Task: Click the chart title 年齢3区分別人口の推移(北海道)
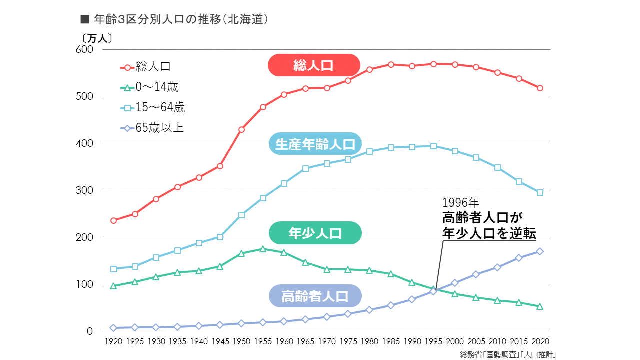(x=175, y=19)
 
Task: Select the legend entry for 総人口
(x=150, y=67)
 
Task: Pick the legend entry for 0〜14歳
(x=150, y=88)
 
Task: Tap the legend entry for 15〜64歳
(x=153, y=108)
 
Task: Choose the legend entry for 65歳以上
(x=152, y=128)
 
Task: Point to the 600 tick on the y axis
(x=84, y=50)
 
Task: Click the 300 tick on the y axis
(x=84, y=190)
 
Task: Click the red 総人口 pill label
(x=314, y=65)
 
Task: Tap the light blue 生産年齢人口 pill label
(x=315, y=144)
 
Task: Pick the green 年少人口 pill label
(x=315, y=233)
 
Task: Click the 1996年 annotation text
(x=460, y=203)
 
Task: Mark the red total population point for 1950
(x=241, y=130)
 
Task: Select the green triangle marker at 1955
(x=263, y=249)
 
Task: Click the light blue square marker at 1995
(x=433, y=146)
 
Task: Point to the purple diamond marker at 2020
(x=540, y=251)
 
